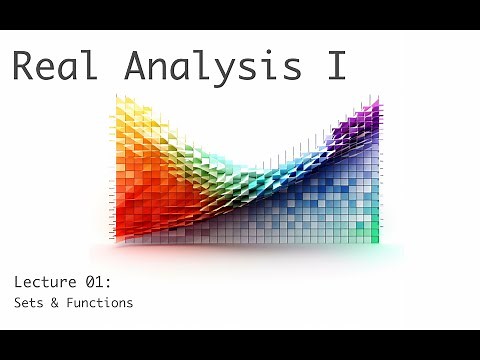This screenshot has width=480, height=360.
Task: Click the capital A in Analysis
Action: [136, 66]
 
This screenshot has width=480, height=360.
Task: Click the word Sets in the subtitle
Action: [29, 303]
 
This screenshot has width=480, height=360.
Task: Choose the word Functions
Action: [99, 303]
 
